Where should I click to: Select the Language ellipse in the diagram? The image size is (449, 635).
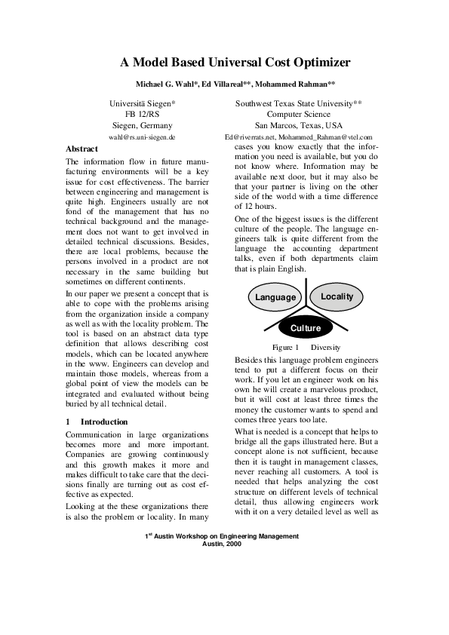point(275,297)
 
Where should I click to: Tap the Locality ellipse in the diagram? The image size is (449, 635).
point(337,296)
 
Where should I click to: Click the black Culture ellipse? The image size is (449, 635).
point(305,328)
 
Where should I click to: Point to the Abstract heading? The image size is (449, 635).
point(82,149)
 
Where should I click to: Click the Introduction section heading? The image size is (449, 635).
point(103,422)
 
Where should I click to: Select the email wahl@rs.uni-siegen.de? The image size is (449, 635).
point(142,138)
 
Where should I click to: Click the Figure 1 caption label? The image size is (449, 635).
point(286,347)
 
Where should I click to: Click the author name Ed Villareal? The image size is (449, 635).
point(226,84)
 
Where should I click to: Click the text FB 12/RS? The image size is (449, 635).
point(142,113)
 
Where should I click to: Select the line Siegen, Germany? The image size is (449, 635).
point(142,125)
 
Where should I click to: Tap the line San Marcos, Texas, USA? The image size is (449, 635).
point(299,125)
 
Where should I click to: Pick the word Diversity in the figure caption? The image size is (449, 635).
point(325,347)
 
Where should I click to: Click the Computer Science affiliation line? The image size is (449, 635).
point(299,113)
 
